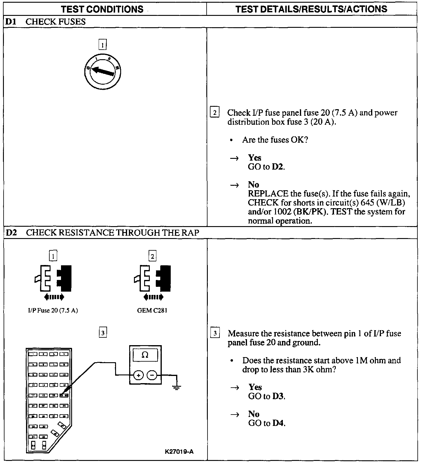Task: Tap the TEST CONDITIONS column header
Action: coord(102,9)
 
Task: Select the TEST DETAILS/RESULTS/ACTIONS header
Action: coord(311,9)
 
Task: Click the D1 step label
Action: coord(10,22)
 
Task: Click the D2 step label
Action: coord(11,232)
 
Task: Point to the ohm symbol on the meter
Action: coord(145,355)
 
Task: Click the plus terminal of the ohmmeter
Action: coord(138,375)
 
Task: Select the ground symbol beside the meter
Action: coord(177,388)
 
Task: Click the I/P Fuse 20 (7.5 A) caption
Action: coord(53,310)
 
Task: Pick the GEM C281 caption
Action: coord(152,310)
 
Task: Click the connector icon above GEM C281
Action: coord(152,278)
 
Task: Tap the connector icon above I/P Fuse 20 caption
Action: coord(53,278)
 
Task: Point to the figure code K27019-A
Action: coord(179,451)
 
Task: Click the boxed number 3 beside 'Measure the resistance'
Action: coord(215,333)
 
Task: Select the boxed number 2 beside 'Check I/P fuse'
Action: coord(215,112)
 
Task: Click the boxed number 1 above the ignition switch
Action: coord(103,45)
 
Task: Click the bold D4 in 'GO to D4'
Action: coord(278,423)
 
